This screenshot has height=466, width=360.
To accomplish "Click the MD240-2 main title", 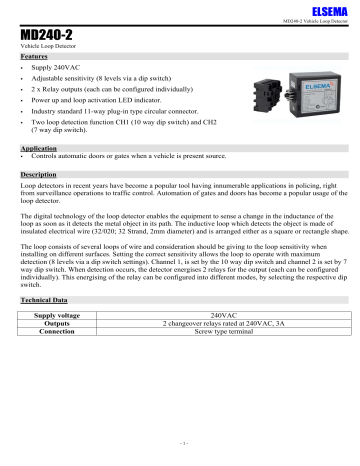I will tap(46, 34).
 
